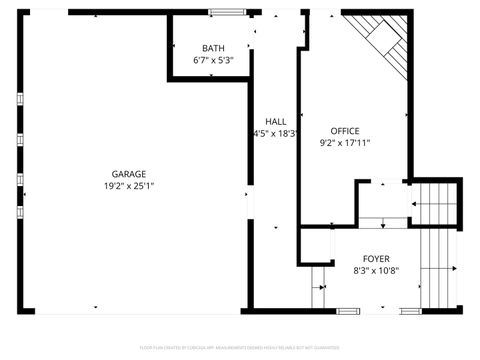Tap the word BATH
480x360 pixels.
213,48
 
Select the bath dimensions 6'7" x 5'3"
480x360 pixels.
213,61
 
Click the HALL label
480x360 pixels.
275,121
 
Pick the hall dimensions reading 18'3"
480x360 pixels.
276,133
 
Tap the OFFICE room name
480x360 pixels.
345,131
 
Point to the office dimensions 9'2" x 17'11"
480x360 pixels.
345,143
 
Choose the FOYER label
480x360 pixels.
376,259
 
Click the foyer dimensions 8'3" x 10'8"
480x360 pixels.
376,271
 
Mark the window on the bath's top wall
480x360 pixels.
226,12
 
